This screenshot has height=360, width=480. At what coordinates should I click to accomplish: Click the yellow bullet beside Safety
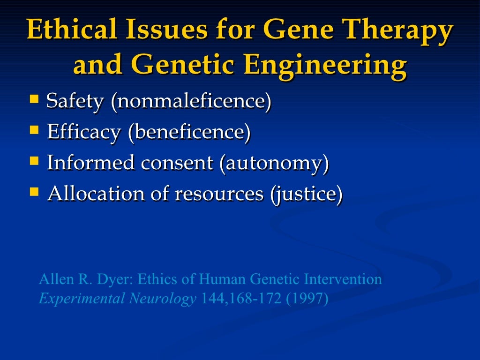(x=34, y=99)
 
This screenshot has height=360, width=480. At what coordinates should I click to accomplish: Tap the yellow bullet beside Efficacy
(x=34, y=130)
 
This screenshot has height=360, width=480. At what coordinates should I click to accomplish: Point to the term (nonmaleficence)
(x=191, y=101)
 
